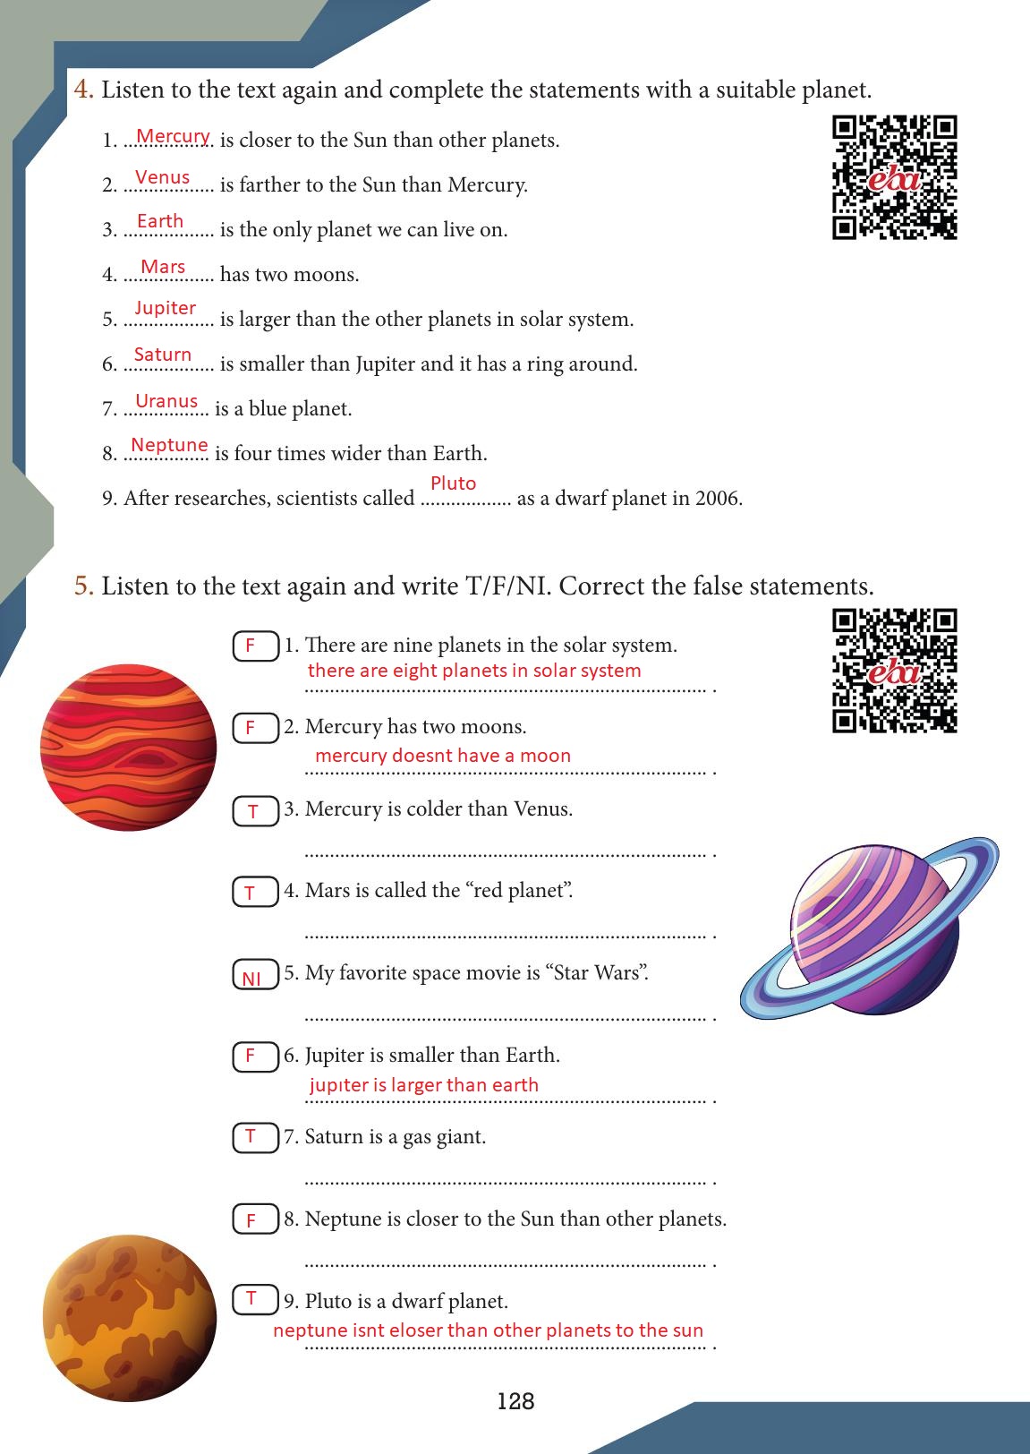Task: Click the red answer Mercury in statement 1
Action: [x=173, y=136]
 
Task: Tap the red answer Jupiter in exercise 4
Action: [x=165, y=308]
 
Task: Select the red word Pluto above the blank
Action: [x=453, y=483]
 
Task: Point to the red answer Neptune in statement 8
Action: [x=169, y=445]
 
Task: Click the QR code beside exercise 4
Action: [x=895, y=178]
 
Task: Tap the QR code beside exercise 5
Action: [x=895, y=671]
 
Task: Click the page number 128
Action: [x=515, y=1401]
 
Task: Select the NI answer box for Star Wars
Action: [x=256, y=974]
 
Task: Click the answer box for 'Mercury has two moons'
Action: [x=256, y=728]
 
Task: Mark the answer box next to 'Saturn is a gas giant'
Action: [x=256, y=1138]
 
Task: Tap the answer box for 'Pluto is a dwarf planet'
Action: [x=256, y=1299]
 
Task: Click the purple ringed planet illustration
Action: [x=870, y=928]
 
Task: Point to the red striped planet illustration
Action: [x=129, y=747]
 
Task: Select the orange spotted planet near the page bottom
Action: [x=130, y=1318]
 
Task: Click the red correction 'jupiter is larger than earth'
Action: [x=423, y=1085]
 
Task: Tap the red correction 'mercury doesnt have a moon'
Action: [x=443, y=756]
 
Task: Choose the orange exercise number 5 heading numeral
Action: [x=83, y=586]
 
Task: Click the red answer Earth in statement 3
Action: [x=160, y=221]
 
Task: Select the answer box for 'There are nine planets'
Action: [x=256, y=646]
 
